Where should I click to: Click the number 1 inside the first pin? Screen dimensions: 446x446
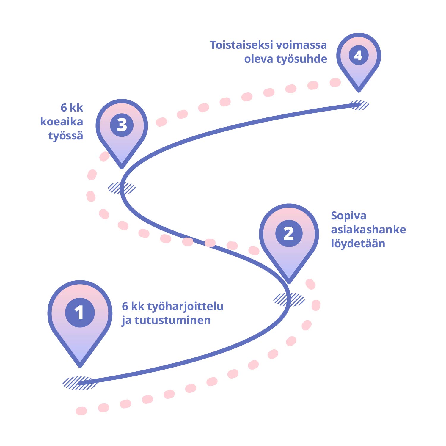point(80,312)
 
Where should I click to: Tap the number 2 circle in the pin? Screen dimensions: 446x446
point(289,233)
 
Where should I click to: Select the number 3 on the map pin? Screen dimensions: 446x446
point(122,125)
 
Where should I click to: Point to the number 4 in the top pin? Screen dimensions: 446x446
point(359,56)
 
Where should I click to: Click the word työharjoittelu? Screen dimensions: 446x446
point(185,307)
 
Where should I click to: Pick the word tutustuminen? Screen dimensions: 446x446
point(172,320)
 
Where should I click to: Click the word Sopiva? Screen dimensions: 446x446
point(348,216)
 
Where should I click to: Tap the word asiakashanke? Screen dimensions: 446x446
point(368,230)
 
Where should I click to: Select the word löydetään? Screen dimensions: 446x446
point(358,244)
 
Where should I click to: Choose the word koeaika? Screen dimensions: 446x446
point(62,122)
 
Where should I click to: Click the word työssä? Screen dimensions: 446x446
point(66,136)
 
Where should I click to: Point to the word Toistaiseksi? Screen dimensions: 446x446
point(241,45)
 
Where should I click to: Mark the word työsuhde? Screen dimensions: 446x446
point(302,59)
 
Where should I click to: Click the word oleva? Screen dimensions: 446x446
point(258,59)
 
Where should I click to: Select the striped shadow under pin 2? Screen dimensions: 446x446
point(289,299)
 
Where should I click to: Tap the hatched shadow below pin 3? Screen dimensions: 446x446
point(122,188)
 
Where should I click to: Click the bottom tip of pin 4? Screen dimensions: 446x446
point(359,90)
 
